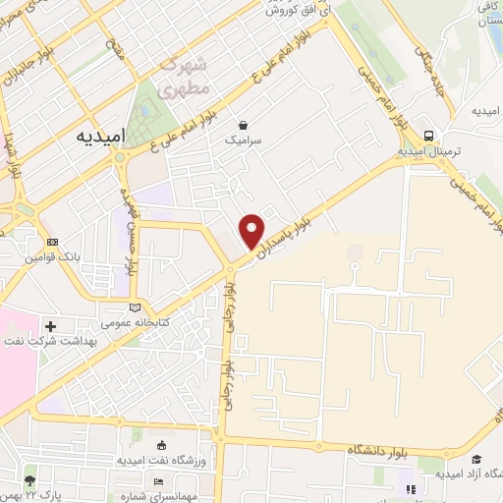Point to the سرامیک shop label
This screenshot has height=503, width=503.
pos(243,140)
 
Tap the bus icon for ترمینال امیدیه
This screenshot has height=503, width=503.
pos(428,136)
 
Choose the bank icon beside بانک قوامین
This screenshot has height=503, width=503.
pos(51,242)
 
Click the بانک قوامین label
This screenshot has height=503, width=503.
pos(50,257)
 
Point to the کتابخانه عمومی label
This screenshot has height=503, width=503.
pos(137,322)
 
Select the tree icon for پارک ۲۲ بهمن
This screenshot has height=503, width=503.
pos(29,481)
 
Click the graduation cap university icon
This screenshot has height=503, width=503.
pos(477,460)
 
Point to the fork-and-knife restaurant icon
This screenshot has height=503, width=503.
pos(411,488)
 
